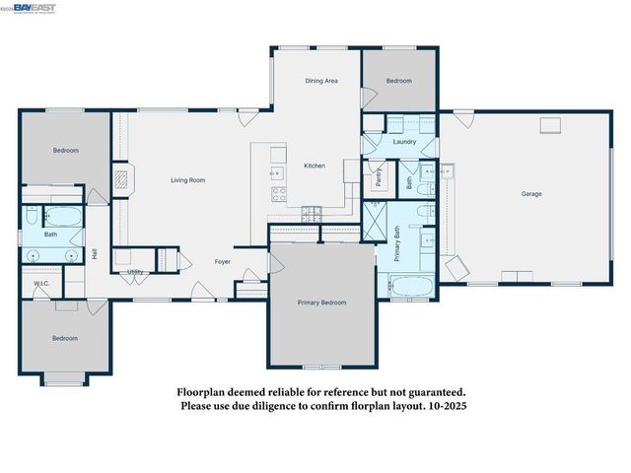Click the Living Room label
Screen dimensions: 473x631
187,179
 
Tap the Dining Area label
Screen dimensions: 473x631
321,81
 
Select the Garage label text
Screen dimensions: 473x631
531,193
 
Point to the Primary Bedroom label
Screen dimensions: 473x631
321,303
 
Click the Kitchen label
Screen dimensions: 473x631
314,166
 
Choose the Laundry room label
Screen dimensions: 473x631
404,142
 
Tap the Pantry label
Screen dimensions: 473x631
378,177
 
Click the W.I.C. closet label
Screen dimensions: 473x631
41,284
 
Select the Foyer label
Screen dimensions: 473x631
223,262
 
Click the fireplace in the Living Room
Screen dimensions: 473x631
120,179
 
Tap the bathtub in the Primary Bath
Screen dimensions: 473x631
410,288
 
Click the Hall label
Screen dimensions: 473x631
95,253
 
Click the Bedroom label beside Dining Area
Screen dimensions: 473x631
398,81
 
